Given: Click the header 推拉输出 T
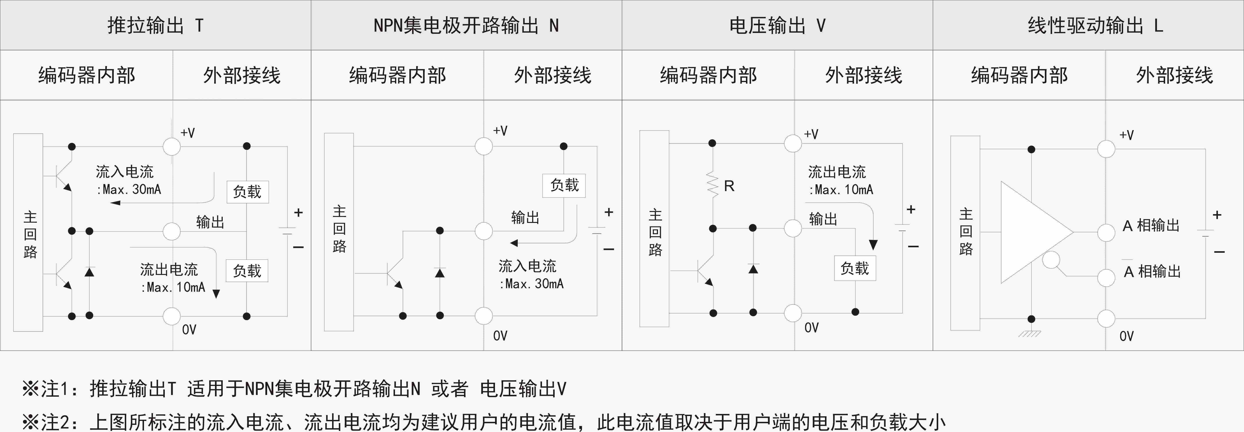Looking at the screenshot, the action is tap(156, 25).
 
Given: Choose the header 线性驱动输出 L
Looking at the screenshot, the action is tap(1095, 25).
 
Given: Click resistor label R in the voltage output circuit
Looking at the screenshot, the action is tap(729, 186).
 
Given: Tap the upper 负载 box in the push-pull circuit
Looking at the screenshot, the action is tap(247, 192).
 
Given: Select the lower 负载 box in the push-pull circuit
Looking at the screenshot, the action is tap(247, 271).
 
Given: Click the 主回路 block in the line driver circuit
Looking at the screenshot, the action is tap(965, 233).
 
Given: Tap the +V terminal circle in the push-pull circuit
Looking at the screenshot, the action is tap(171, 146).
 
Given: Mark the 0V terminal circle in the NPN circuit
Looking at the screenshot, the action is tap(483, 316).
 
